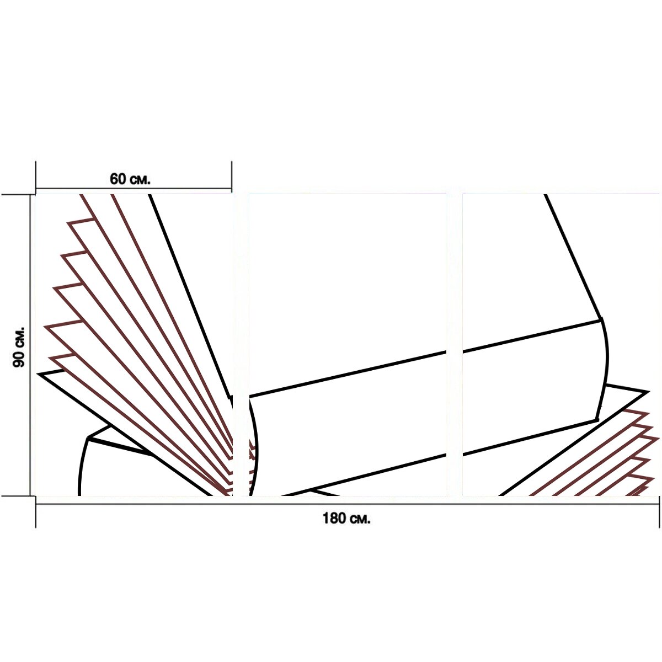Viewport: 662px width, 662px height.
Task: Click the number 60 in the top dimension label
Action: point(118,179)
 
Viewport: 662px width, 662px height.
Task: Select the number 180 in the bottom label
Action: point(334,519)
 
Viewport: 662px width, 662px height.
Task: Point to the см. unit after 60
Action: point(140,180)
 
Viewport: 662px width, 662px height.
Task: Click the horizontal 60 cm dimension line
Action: point(134,188)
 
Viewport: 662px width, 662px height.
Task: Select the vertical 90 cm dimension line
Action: point(30,345)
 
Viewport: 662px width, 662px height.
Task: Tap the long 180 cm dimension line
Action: point(348,504)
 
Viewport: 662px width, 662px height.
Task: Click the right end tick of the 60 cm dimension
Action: point(232,177)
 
